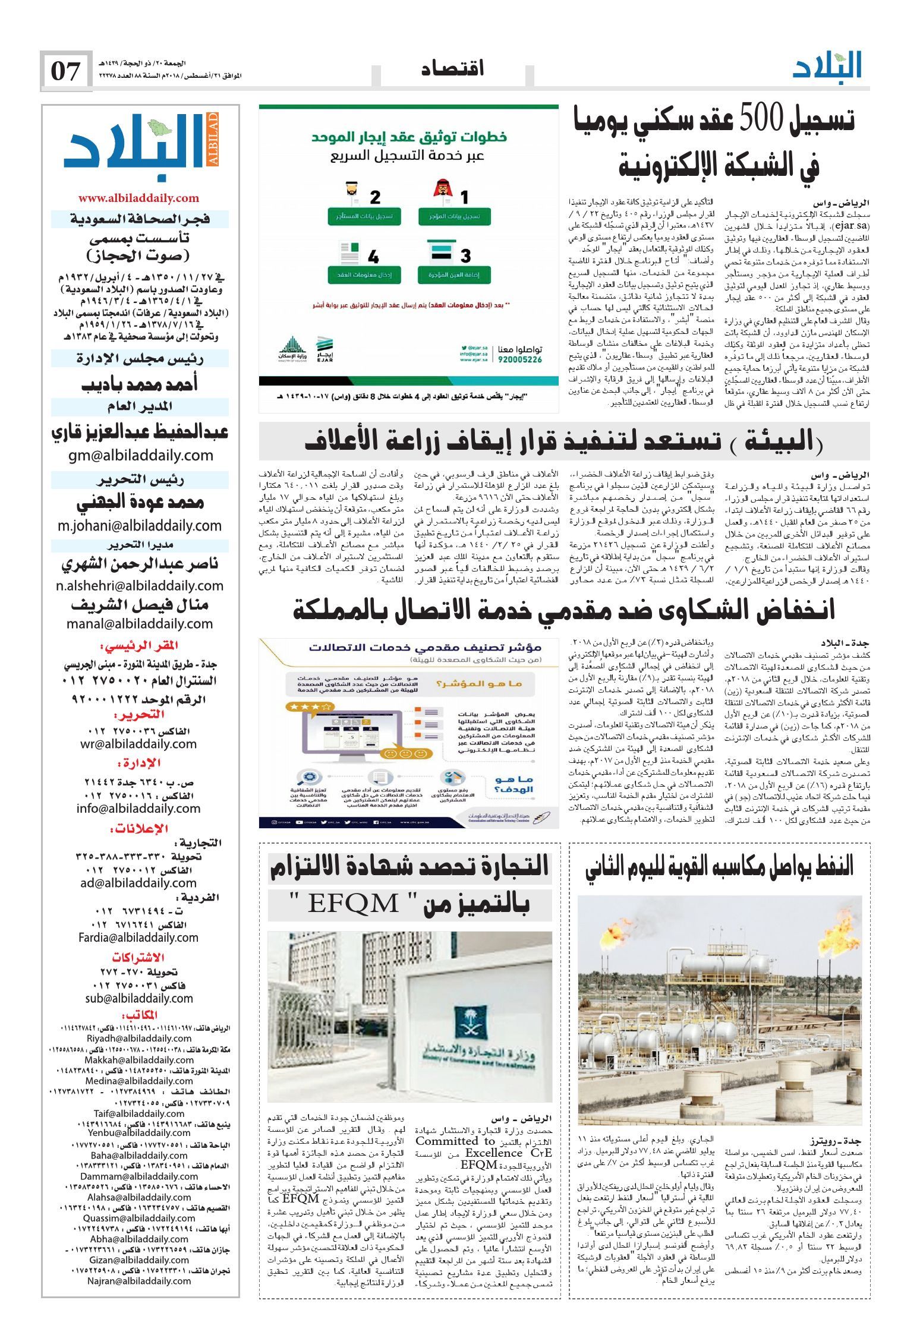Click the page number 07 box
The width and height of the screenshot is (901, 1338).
(x=66, y=71)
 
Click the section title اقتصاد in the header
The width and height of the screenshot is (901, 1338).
(x=452, y=68)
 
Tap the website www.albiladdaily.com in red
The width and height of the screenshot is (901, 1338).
(x=138, y=198)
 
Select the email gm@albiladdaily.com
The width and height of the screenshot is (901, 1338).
(x=140, y=456)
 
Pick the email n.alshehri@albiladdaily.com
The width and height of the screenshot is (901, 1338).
(x=140, y=586)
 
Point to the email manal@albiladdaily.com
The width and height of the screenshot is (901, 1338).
(x=140, y=624)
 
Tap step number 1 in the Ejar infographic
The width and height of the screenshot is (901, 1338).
(x=464, y=197)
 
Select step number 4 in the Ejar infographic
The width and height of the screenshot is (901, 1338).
(x=373, y=257)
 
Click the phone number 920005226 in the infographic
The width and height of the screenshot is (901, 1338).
(x=519, y=359)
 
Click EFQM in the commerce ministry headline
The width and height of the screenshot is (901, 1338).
(x=353, y=905)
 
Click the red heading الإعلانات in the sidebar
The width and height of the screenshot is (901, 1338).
(x=140, y=829)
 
